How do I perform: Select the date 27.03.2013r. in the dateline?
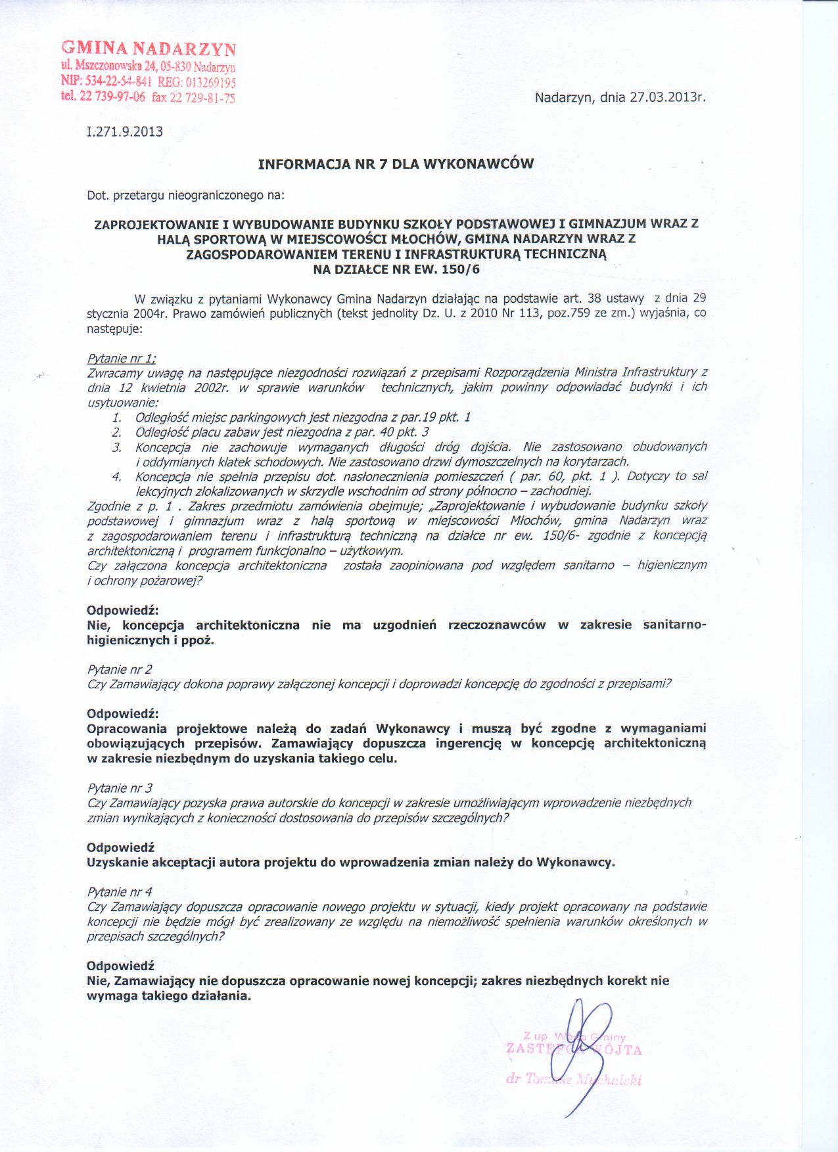click(x=667, y=99)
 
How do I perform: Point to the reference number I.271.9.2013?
click(x=124, y=131)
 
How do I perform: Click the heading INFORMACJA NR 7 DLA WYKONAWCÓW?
click(x=396, y=164)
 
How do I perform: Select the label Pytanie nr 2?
click(x=120, y=669)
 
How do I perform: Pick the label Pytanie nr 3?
click(x=120, y=787)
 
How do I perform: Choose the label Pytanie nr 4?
click(x=120, y=891)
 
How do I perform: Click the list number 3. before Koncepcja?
click(x=117, y=447)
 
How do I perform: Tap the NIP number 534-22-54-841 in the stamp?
click(x=117, y=82)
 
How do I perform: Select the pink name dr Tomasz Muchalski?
click(x=573, y=1080)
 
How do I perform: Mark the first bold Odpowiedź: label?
click(x=123, y=610)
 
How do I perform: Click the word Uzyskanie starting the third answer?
click(x=118, y=862)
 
